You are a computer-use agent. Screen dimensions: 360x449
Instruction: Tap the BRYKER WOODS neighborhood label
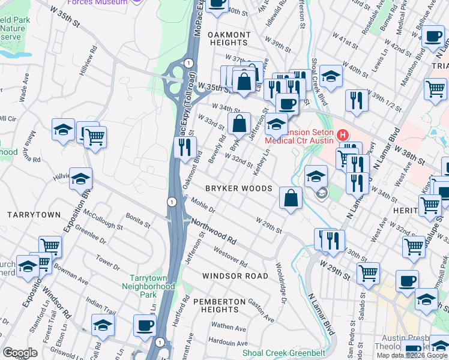coord(239,188)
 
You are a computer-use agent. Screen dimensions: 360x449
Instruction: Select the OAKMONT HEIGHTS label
coord(229,39)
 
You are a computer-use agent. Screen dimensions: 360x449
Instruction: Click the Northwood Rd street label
coord(214,231)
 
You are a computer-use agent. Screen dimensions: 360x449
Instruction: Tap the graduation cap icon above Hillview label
coord(80,179)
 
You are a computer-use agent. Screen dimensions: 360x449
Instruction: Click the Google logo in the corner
coord(20,353)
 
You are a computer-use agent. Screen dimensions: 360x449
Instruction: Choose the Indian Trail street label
coord(101,304)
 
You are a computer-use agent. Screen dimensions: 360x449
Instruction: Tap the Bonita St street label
coord(137,220)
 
